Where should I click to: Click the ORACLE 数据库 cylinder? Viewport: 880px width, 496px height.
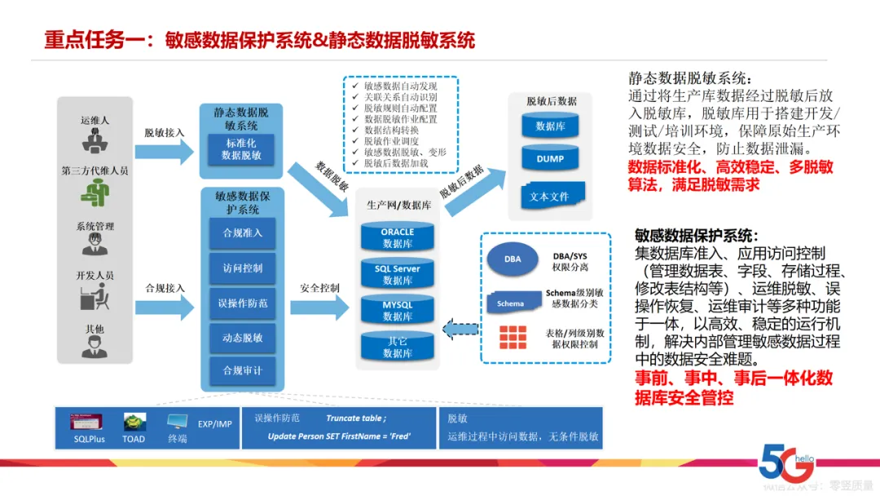398,237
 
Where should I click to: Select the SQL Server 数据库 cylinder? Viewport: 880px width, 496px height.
398,274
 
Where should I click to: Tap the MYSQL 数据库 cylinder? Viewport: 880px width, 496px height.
398,311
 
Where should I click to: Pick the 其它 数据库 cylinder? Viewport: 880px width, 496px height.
398,347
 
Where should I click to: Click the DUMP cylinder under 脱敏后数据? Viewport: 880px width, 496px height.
550,159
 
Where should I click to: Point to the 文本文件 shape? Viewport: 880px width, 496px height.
549,197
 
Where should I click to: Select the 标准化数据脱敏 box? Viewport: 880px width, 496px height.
241,148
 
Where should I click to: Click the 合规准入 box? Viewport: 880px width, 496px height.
242,233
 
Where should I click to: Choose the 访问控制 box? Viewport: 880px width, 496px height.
242,268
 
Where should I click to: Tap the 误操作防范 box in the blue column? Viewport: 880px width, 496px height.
242,303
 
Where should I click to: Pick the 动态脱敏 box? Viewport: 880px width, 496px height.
242,338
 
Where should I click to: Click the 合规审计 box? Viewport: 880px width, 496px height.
242,371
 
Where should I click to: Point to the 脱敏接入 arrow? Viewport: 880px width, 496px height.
164,150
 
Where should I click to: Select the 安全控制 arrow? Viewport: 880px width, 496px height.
319,306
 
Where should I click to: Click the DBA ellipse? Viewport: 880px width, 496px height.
513,259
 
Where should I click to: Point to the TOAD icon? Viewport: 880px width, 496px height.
134,423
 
